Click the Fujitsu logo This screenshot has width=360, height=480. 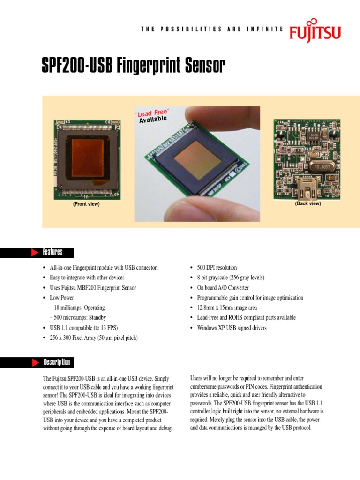click(x=315, y=32)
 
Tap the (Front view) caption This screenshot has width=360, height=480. click(x=86, y=204)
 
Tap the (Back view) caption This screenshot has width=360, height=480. click(x=308, y=203)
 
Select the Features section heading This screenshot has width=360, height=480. click(x=52, y=252)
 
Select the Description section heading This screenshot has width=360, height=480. click(x=56, y=362)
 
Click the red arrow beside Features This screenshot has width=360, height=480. click(x=34, y=253)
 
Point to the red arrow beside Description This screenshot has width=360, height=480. click(x=34, y=362)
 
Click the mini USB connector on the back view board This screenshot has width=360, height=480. click(x=306, y=188)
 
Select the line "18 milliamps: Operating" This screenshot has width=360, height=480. click(x=77, y=308)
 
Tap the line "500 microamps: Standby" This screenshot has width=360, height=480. click(x=77, y=318)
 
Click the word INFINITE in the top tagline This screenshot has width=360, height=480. click(x=266, y=29)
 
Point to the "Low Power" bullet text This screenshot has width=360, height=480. click(x=61, y=298)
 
